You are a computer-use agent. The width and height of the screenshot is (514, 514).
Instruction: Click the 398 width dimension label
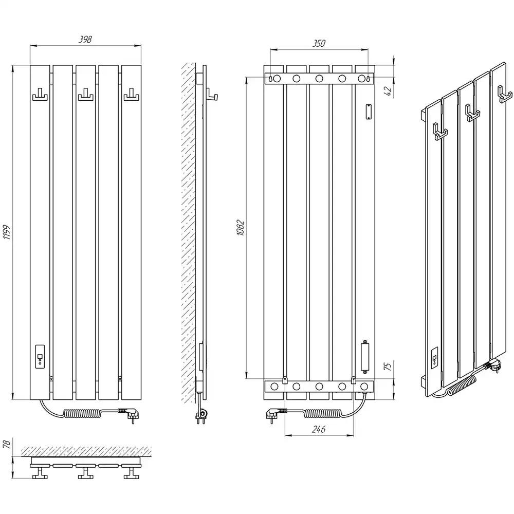click(85, 40)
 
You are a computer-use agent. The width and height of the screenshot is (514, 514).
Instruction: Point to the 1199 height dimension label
click(7, 232)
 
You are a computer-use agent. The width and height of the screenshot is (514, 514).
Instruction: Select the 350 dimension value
click(319, 44)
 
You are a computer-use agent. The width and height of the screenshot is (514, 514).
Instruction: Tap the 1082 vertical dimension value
click(240, 228)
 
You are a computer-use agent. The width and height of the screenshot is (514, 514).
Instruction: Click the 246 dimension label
click(319, 429)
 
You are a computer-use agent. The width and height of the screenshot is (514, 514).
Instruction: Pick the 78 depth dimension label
click(7, 444)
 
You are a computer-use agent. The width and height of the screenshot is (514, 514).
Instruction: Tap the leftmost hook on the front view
click(40, 95)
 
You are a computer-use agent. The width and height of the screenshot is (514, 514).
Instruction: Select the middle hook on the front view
click(85, 95)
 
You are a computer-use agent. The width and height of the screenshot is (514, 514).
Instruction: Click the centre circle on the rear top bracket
click(319, 79)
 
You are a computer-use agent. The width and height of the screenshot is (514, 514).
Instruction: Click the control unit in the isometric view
click(435, 357)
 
